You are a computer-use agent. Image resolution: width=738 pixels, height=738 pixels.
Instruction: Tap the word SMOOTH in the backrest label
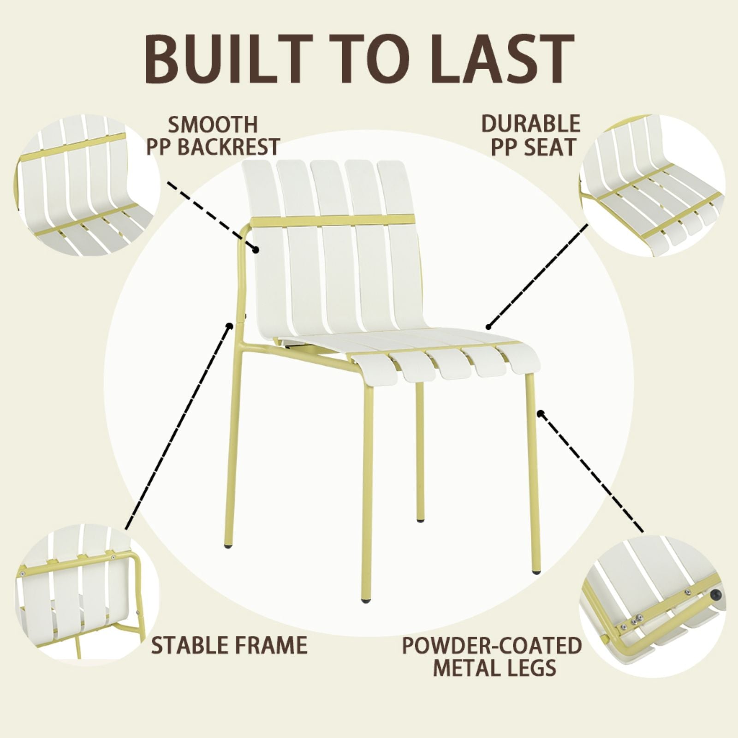213,125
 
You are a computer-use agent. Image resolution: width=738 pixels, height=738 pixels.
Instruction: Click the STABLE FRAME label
229,645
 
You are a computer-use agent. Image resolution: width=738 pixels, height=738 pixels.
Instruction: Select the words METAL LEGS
494,668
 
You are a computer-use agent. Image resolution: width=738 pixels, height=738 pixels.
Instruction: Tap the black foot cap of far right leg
536,572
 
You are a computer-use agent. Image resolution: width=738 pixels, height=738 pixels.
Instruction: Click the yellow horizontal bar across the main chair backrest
332,220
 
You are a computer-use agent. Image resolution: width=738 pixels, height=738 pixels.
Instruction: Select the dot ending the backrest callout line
256,250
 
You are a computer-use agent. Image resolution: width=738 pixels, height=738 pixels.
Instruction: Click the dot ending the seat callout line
488,327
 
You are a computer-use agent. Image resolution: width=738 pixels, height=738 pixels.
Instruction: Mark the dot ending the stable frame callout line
229,326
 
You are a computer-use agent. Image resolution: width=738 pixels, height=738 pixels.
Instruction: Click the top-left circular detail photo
88,184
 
